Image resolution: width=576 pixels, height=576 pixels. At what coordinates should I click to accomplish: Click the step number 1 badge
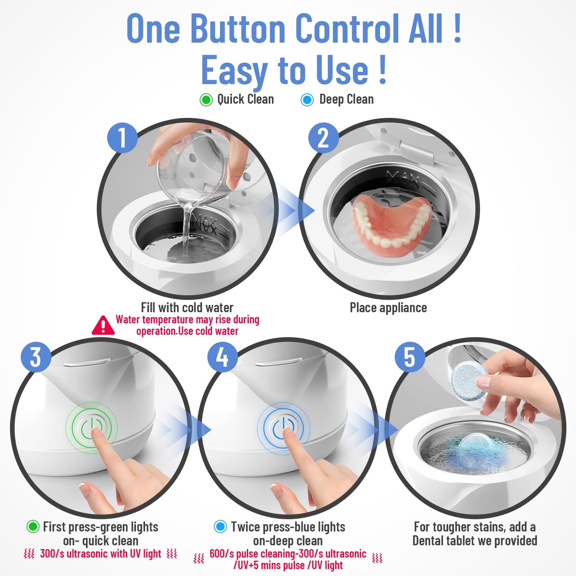click(x=122, y=137)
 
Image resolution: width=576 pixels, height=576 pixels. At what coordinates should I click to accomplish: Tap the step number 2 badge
click(x=323, y=137)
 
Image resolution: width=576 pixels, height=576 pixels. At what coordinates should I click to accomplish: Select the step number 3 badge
click(x=36, y=356)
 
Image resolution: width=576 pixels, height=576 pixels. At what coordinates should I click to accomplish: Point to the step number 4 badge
click(x=222, y=356)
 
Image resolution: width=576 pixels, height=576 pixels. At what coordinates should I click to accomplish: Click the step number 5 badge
click(x=409, y=356)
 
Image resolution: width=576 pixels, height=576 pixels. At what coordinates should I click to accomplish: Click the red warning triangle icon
click(x=103, y=326)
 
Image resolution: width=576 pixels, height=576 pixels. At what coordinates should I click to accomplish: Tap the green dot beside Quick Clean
click(x=206, y=100)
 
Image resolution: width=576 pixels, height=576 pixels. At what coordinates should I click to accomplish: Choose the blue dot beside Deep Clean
click(x=307, y=100)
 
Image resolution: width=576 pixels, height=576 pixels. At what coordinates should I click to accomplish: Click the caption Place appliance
click(x=388, y=308)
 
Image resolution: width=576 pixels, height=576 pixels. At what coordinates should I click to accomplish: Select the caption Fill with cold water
click(x=187, y=308)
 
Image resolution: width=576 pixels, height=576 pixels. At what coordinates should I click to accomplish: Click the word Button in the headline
click(x=238, y=29)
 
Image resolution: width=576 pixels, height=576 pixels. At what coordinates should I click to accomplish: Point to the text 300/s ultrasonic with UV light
click(x=100, y=554)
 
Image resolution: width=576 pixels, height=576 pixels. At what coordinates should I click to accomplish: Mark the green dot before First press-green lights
click(x=33, y=527)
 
